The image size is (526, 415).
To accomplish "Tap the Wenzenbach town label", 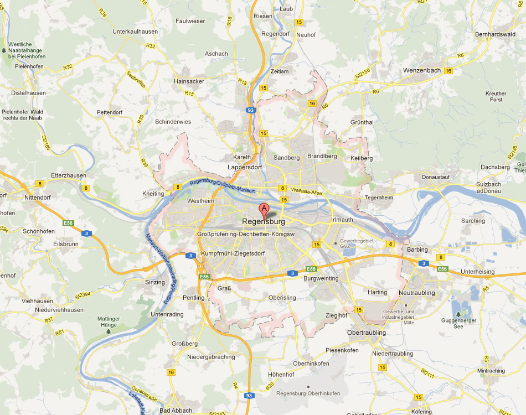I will click(x=422, y=70).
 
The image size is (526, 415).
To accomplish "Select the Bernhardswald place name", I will click(x=494, y=34).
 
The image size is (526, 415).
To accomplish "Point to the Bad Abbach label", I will click(x=176, y=411).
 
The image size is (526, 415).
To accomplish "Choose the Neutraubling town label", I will click(x=416, y=293).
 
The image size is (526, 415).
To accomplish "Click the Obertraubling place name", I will click(x=366, y=333).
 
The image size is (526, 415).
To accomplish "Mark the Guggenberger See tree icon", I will click(x=458, y=314).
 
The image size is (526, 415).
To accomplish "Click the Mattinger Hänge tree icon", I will click(x=108, y=331).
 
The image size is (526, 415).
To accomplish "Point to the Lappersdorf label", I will click(x=245, y=167).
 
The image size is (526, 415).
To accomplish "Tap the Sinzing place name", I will click(x=154, y=282).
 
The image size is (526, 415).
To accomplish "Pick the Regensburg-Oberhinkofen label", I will click(x=308, y=393).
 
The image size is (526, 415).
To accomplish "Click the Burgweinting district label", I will click(x=321, y=279).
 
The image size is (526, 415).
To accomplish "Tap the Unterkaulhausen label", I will click(x=135, y=32).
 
